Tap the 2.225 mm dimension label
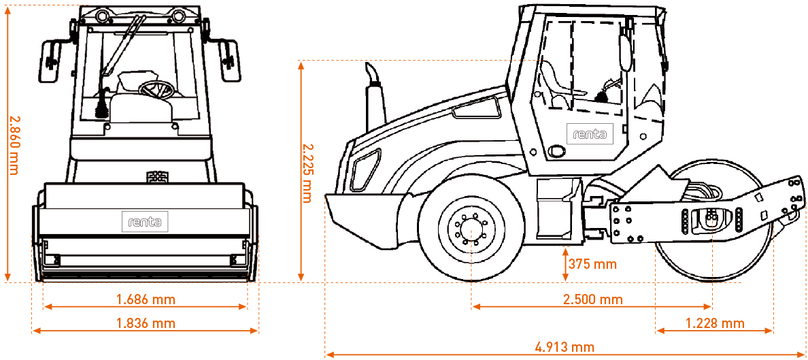[307, 172]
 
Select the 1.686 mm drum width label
[146, 299]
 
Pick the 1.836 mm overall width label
[146, 323]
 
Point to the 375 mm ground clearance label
[592, 264]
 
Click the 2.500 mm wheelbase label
[592, 299]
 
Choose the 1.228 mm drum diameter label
[714, 323]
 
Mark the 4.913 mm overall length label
[565, 347]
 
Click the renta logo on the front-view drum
[145, 222]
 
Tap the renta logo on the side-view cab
[589, 134]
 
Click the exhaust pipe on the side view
[373, 95]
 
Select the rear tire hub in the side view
[470, 229]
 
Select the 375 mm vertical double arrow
[566, 264]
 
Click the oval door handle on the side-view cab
[558, 150]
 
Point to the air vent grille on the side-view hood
[476, 109]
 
